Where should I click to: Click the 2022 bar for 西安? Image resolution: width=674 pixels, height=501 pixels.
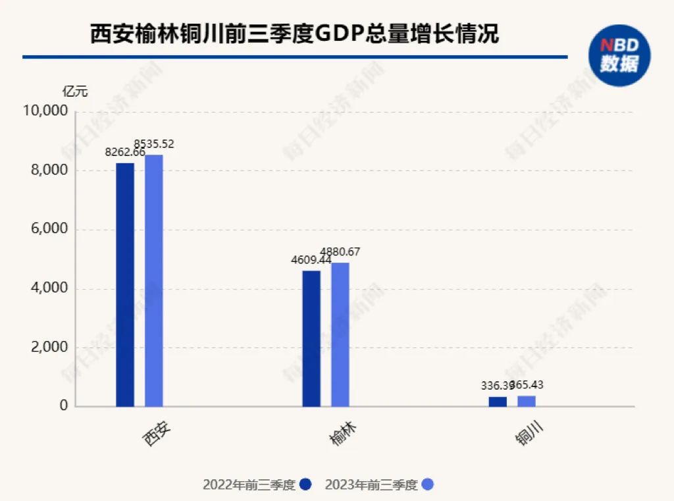click(125, 284)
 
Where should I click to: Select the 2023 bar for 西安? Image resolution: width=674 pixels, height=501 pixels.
click(154, 280)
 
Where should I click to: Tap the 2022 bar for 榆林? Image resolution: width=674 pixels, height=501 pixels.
click(311, 338)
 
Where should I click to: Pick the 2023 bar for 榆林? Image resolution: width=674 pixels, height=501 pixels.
click(340, 334)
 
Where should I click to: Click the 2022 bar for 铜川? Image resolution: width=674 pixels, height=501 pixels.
click(498, 402)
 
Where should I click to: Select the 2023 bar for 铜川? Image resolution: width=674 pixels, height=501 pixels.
click(527, 401)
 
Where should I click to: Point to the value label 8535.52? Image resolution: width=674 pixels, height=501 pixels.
click(154, 143)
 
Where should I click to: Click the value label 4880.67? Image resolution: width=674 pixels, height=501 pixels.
click(340, 251)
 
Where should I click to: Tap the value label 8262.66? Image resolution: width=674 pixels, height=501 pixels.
click(125, 152)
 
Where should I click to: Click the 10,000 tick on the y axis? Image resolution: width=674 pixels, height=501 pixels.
click(45, 111)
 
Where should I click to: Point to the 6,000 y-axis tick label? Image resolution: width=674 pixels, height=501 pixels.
click(49, 229)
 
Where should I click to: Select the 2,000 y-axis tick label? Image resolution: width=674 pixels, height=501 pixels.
click(49, 347)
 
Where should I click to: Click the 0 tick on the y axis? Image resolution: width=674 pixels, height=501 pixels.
click(64, 406)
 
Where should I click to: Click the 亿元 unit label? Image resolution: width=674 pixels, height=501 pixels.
click(75, 92)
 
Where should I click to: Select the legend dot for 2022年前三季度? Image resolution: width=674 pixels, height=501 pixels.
click(305, 485)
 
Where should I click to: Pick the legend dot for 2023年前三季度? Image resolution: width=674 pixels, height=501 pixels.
click(428, 485)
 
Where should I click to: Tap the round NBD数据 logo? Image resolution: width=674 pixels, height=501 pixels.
click(619, 55)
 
